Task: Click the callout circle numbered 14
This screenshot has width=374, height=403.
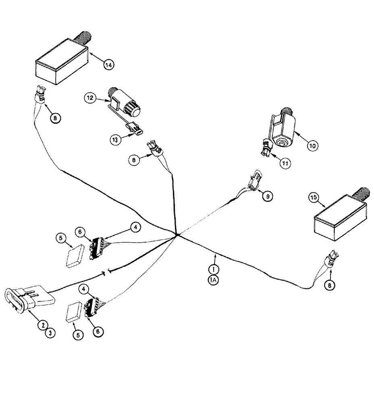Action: [x=108, y=64]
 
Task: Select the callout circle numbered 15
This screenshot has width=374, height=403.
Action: [x=314, y=197]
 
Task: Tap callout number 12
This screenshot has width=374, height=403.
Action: [x=90, y=98]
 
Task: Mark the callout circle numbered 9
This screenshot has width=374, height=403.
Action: [x=267, y=195]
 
